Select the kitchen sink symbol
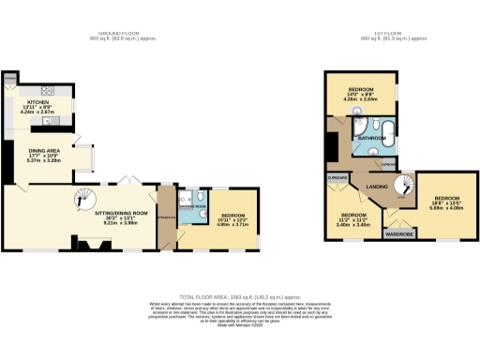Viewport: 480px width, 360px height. click(57, 120)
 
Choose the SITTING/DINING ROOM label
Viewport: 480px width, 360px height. click(121, 217)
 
